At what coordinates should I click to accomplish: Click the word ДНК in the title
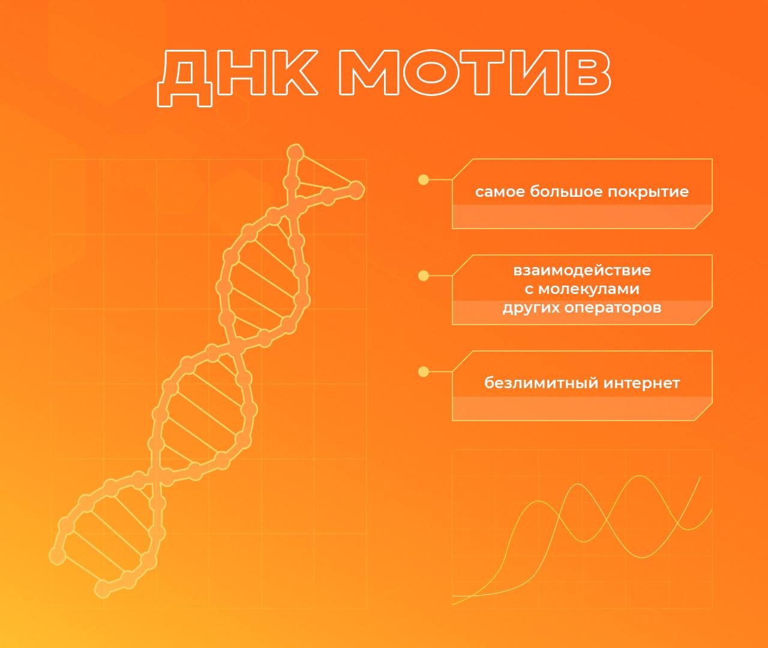[238, 78]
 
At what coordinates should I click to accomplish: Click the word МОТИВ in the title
[475, 73]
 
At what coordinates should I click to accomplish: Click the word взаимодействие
[582, 271]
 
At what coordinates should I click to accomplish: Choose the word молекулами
[589, 289]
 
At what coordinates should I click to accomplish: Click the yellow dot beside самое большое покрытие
[424, 179]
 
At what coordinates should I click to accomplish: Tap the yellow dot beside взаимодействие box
[424, 276]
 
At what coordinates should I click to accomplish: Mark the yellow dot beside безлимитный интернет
[424, 372]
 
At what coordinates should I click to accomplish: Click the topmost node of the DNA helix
[295, 152]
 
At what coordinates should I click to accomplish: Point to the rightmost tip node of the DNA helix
[356, 190]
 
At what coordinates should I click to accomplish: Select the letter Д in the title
[185, 78]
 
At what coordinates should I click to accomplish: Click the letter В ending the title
[588, 73]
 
